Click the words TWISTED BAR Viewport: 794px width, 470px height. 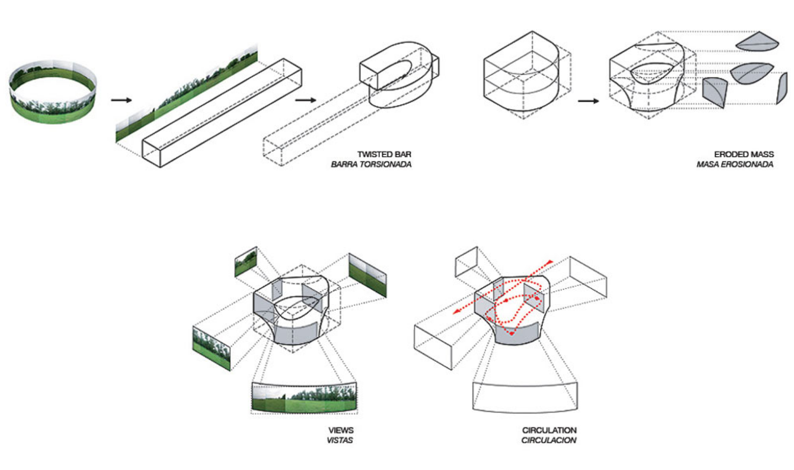coord(384,155)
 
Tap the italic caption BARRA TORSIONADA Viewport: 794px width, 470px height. coord(371,165)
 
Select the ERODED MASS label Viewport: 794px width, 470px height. coord(743,155)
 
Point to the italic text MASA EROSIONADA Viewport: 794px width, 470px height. coord(734,165)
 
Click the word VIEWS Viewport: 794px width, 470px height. coord(341,430)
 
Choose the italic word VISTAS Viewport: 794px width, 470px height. coord(340,440)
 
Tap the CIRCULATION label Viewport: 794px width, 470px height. coord(549,430)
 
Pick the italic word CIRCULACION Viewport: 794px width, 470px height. coord(549,440)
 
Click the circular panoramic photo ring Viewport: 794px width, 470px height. coord(53,92)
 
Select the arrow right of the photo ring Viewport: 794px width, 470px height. coord(121,100)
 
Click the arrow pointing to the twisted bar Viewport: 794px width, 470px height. coord(305,100)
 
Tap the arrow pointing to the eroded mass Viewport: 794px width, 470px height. coord(588,101)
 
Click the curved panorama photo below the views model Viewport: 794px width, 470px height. coord(304,398)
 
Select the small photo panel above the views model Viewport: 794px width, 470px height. coord(246,261)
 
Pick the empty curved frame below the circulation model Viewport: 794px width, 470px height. coord(525,397)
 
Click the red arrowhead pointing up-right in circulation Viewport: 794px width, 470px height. coord(550,261)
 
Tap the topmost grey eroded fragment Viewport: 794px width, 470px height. coord(757,42)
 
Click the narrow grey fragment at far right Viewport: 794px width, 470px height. coord(781,88)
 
